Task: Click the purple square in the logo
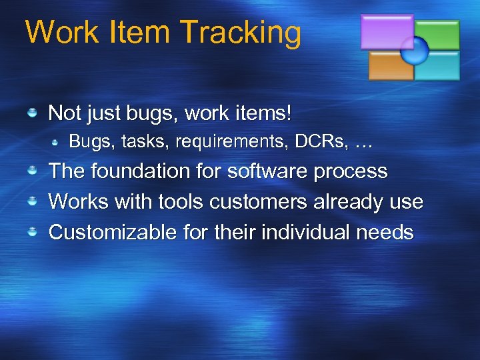point(386,31)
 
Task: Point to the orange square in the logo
point(390,66)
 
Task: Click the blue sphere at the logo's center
point(414,50)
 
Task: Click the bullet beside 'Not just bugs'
point(31,114)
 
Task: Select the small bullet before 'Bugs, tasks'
point(56,143)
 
